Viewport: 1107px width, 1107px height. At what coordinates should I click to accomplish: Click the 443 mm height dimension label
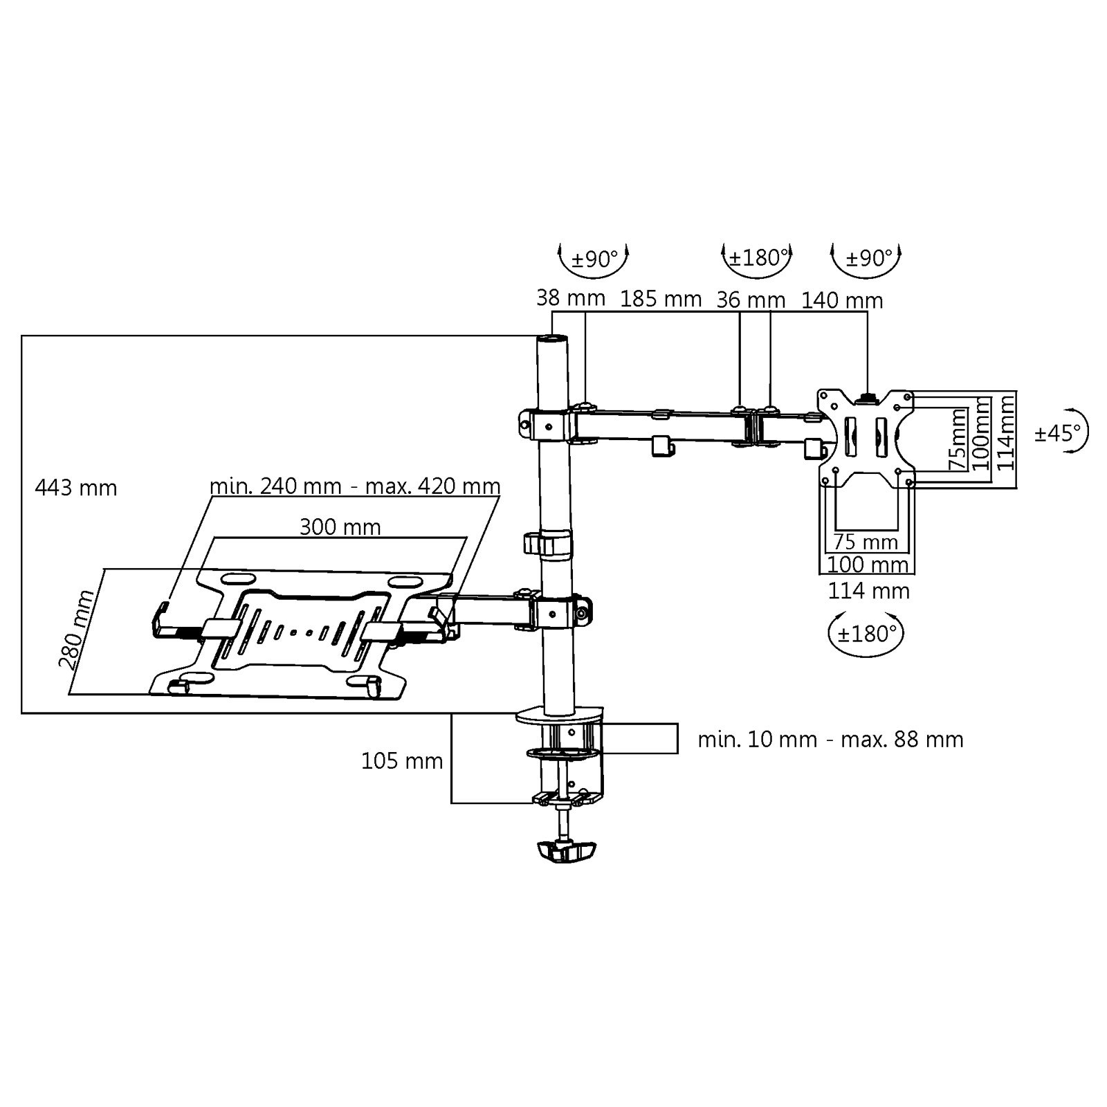(x=76, y=488)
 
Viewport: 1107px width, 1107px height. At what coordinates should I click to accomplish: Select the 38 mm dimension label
(x=571, y=298)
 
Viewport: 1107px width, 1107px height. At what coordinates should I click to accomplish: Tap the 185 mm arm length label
(x=661, y=299)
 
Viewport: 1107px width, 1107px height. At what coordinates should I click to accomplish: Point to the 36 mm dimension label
(x=751, y=300)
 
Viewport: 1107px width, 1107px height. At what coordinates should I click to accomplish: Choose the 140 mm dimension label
(x=842, y=300)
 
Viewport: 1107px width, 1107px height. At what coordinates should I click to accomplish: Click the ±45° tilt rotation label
(x=1057, y=433)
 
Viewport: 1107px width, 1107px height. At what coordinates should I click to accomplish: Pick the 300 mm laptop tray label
(x=340, y=527)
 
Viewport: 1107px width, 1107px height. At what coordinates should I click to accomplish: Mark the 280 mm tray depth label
(x=76, y=630)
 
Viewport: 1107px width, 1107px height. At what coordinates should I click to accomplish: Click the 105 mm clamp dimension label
(x=402, y=761)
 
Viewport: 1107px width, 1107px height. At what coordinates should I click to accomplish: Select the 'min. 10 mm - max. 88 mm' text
(x=830, y=740)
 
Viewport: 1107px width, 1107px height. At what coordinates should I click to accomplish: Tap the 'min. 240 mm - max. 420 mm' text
(x=355, y=486)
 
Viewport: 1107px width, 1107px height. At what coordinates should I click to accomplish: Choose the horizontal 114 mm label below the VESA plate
(x=868, y=591)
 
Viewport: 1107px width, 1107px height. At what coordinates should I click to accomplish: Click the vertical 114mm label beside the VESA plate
(x=1005, y=431)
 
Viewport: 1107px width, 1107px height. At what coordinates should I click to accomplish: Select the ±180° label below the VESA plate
(x=866, y=633)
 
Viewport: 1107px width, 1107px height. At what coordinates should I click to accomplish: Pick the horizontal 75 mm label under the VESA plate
(x=866, y=542)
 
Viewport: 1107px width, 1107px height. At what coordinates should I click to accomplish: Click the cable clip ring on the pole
(x=548, y=544)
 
